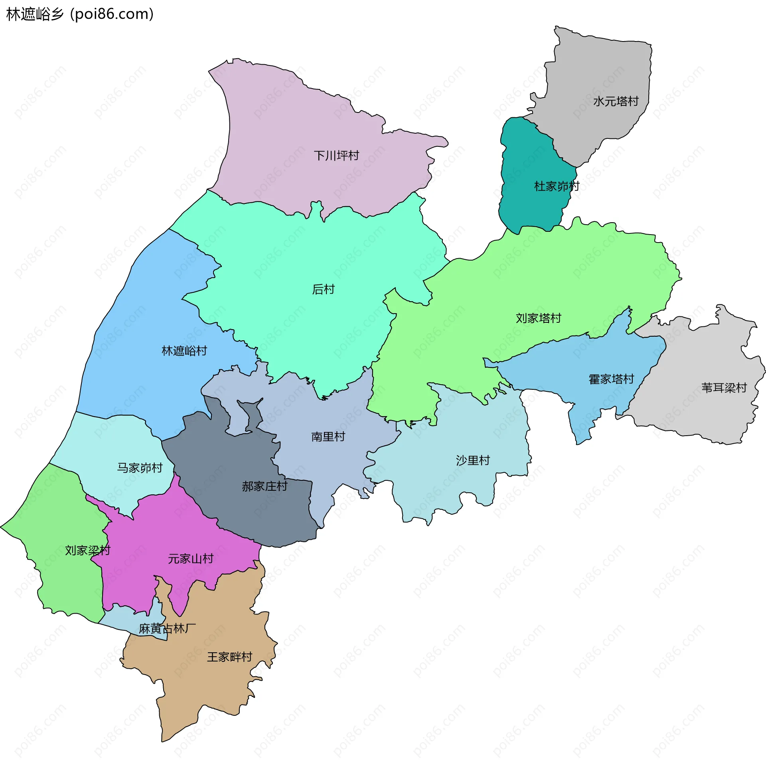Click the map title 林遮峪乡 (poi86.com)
coord(80,14)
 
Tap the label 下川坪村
coord(336,156)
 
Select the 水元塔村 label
coord(616,101)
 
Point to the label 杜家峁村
coord(557,186)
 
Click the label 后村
coord(323,289)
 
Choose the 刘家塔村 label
coord(538,318)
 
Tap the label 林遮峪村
coord(184,351)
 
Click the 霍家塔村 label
coord(611,379)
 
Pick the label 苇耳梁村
coord(724,388)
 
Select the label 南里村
coord(328,437)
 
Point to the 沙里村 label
coord(473,460)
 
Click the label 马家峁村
coord(140,468)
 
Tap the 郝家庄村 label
coord(265,486)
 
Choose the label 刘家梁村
coord(87,551)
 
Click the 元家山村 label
coord(191,559)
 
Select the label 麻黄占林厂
coord(167,629)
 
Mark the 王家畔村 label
coord(229,657)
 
